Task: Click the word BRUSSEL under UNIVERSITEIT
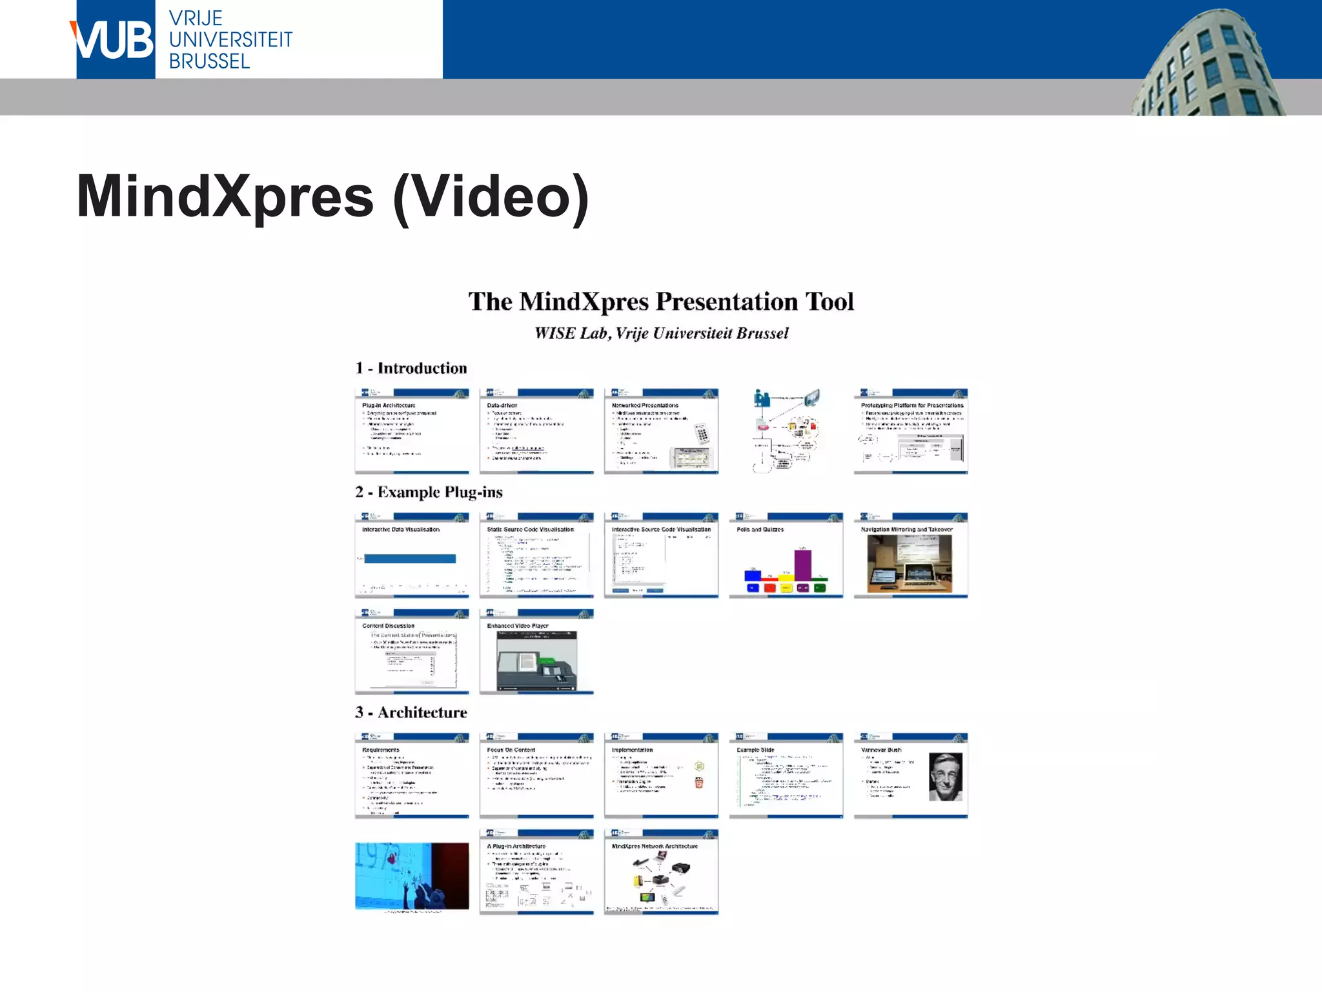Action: tap(209, 61)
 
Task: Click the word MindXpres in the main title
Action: tap(225, 196)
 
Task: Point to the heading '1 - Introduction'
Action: tap(411, 368)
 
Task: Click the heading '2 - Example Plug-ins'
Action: tap(429, 492)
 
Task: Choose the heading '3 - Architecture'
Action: tap(411, 712)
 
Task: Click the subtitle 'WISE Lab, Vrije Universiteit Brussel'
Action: tap(661, 333)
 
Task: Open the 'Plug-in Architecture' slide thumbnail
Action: tap(412, 431)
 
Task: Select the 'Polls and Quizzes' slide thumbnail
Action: tap(786, 555)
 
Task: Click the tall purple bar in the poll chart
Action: tap(802, 564)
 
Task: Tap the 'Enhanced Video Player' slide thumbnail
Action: tap(536, 652)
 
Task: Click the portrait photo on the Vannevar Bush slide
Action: tap(945, 776)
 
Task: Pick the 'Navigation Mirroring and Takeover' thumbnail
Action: tap(910, 555)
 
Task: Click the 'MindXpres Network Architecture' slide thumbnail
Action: tap(661, 872)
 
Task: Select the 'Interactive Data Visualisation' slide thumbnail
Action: tap(412, 555)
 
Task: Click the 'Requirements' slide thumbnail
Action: tap(412, 776)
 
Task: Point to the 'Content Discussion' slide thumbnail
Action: tap(412, 652)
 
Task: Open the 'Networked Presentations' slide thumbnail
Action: tap(661, 431)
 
